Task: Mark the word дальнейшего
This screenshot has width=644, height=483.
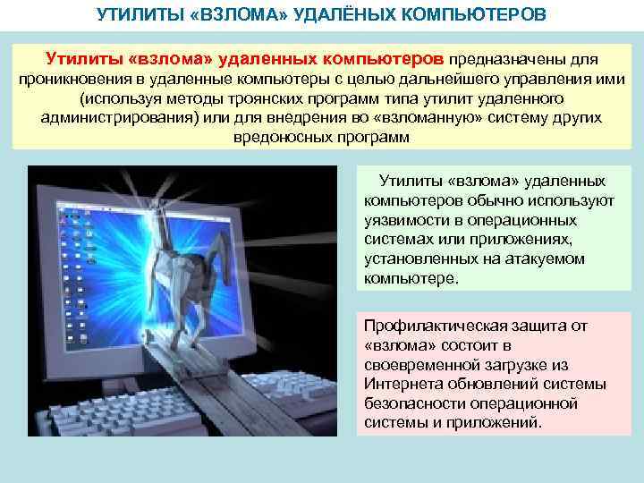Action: click(x=430, y=79)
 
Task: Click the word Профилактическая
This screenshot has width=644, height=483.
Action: click(x=434, y=326)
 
